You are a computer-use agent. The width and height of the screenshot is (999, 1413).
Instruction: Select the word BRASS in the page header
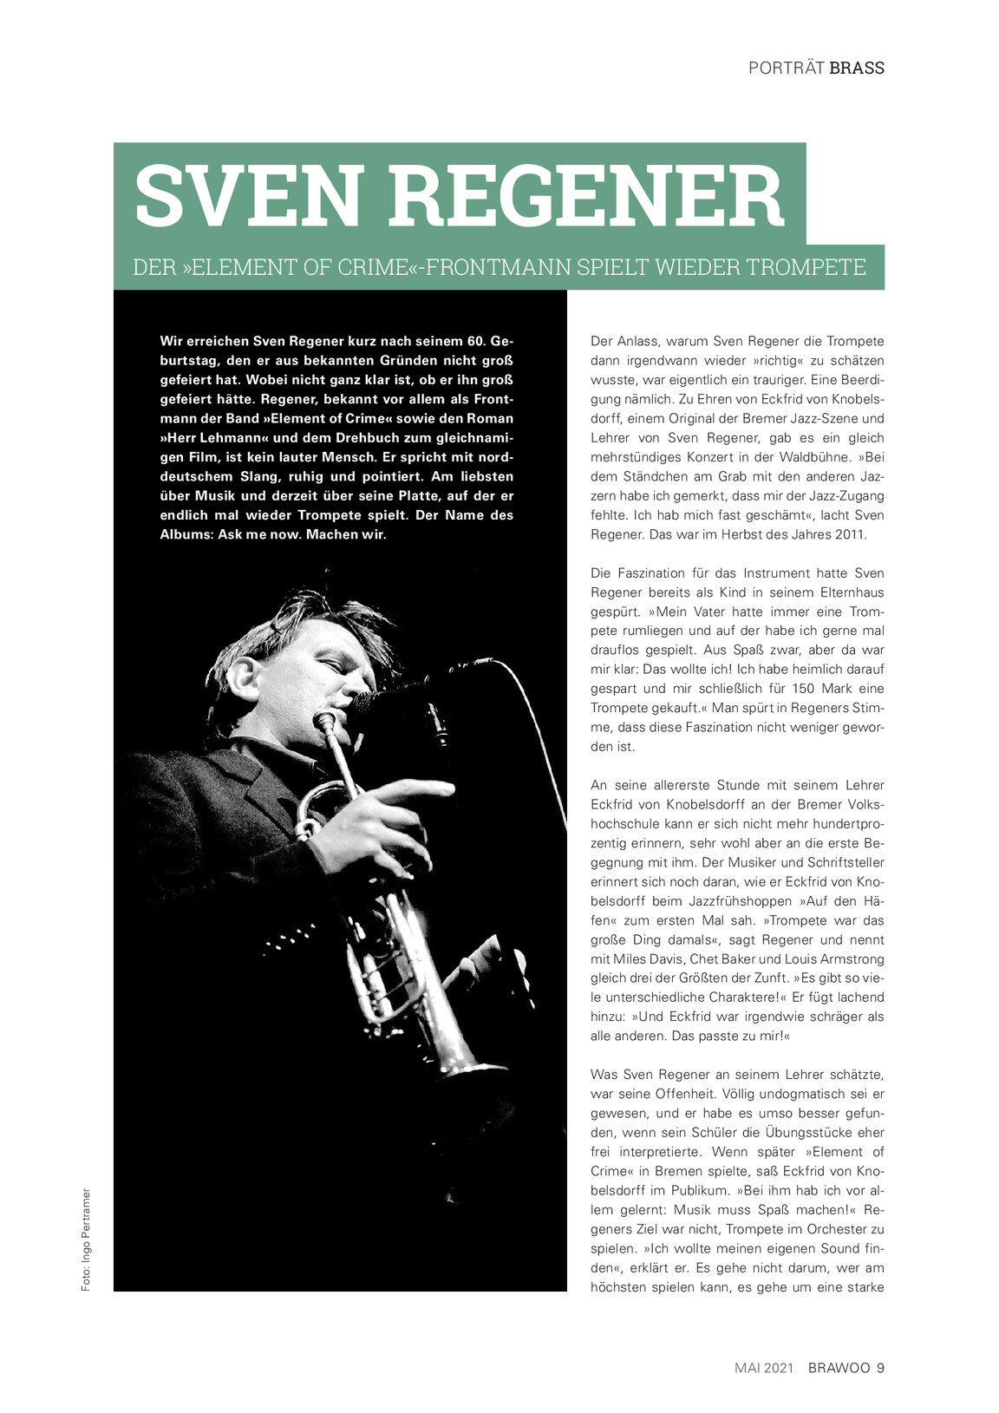tap(857, 69)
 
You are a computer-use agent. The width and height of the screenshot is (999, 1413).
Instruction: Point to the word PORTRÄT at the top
tap(786, 69)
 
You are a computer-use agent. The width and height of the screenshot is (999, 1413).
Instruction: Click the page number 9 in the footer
tap(880, 1368)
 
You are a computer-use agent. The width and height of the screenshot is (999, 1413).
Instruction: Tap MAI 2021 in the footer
tap(764, 1368)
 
